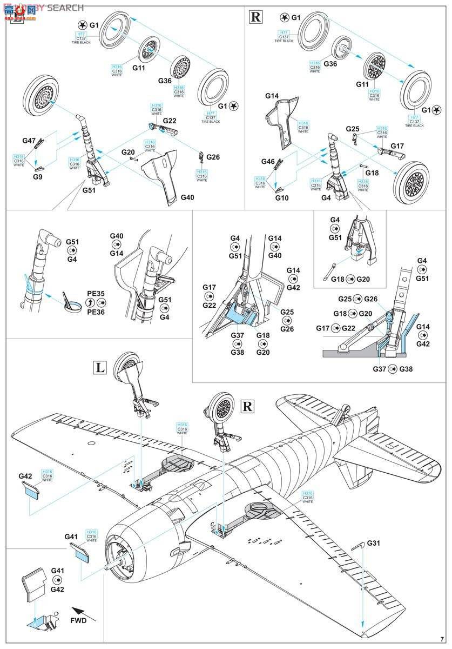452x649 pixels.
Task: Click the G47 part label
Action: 29,141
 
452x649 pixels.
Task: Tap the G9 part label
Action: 37,177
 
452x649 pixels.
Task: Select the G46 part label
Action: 268,162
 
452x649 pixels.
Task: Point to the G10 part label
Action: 281,198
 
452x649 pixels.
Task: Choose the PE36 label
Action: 96,312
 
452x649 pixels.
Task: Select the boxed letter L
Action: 100,368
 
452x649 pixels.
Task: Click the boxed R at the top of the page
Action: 255,17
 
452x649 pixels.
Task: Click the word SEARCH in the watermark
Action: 65,8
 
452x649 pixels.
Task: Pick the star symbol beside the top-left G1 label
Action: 82,25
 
